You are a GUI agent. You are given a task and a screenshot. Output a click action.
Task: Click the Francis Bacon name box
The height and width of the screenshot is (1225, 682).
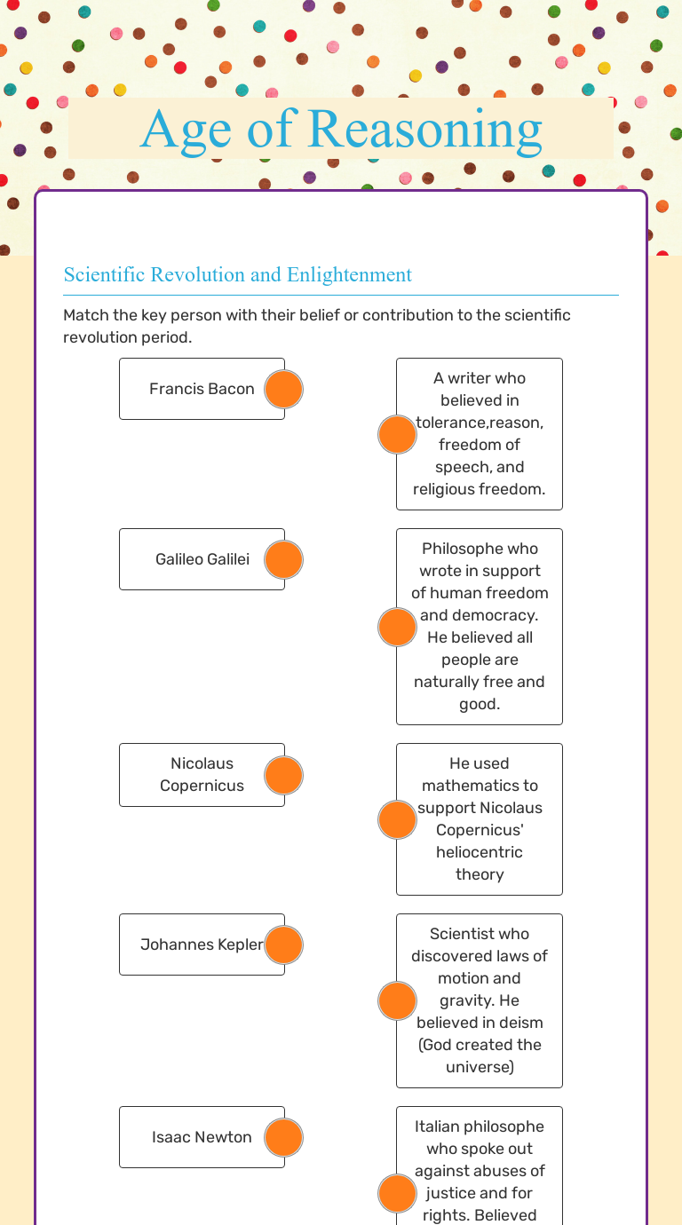click(x=202, y=389)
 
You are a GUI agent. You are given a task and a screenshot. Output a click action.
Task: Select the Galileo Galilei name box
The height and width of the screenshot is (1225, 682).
click(x=202, y=559)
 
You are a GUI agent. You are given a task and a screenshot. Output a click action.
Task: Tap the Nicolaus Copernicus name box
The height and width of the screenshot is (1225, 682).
click(x=202, y=774)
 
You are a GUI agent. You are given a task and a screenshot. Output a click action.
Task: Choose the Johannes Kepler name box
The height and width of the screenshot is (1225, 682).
click(x=202, y=944)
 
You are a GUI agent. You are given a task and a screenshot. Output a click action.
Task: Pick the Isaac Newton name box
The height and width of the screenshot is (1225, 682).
click(x=202, y=1137)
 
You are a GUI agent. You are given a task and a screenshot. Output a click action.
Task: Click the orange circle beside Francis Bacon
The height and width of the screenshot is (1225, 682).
click(x=284, y=389)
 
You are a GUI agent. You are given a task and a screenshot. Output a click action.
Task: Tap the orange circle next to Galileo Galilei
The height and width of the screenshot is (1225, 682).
click(x=284, y=559)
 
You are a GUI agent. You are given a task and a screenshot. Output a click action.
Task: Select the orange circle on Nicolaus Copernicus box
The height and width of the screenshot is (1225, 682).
click(x=284, y=775)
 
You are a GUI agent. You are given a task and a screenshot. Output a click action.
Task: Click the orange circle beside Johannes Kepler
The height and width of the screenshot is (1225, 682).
click(x=284, y=944)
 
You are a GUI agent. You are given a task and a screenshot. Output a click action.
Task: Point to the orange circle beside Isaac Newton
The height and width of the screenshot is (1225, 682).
click(x=284, y=1137)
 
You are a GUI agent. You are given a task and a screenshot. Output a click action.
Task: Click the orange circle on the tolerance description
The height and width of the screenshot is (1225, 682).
click(x=397, y=434)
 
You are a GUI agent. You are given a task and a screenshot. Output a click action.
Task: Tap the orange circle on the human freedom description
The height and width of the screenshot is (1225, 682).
click(x=397, y=627)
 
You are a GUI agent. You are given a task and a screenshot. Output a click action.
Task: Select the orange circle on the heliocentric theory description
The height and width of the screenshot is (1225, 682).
click(x=397, y=819)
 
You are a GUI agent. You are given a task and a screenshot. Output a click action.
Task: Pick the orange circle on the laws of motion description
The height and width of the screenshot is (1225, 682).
click(x=397, y=1000)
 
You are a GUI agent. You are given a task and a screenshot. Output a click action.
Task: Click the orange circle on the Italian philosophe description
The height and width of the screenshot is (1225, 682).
click(x=397, y=1193)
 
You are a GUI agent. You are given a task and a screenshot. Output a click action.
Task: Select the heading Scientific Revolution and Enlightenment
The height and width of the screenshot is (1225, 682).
click(x=237, y=275)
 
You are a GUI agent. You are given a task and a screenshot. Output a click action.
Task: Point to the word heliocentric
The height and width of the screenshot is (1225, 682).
click(x=480, y=852)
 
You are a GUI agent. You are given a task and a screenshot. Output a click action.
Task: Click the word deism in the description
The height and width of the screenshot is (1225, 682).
click(x=522, y=1023)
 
